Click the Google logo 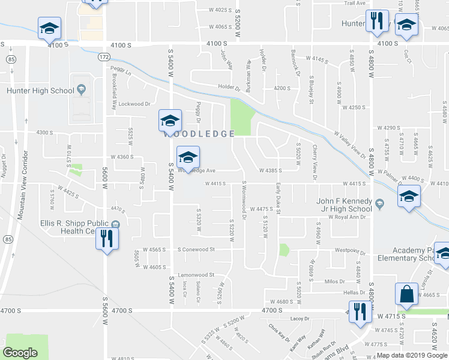20,353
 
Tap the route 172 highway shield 104,56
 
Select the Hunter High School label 40,90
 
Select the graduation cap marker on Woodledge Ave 188,157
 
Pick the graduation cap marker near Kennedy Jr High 408,196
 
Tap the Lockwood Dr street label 134,103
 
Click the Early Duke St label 279,199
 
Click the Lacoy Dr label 297,319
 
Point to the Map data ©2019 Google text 412,355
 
